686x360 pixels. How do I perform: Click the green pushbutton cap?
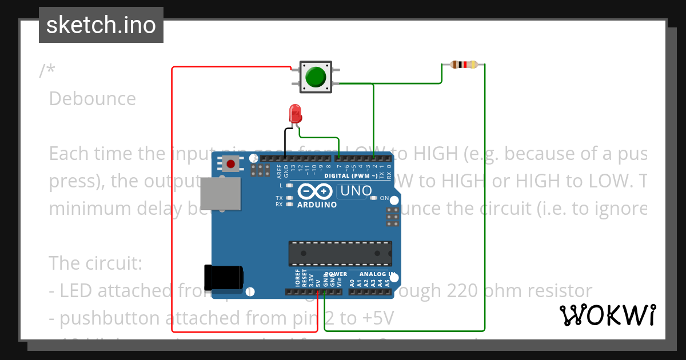click(x=316, y=77)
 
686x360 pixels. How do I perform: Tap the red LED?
click(x=295, y=113)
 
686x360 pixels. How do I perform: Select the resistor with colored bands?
click(x=464, y=65)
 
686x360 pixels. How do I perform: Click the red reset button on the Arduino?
click(x=230, y=165)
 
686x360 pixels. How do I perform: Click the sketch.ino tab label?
click(x=101, y=25)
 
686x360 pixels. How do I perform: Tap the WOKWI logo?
click(x=607, y=315)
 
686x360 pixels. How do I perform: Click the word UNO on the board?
click(x=355, y=191)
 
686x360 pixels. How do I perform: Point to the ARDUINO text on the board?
click(x=317, y=205)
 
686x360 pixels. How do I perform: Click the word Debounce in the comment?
click(x=93, y=99)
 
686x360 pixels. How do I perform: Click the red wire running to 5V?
click(x=173, y=200)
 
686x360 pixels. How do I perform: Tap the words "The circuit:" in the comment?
click(x=95, y=263)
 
